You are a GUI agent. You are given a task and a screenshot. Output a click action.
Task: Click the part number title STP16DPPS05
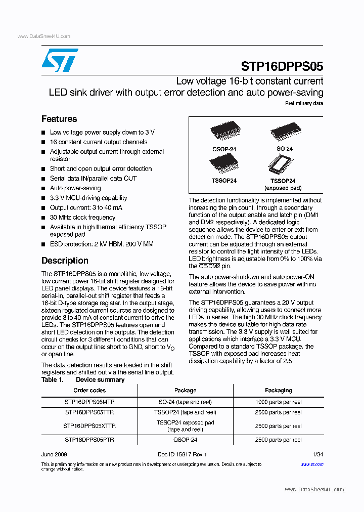[282, 66]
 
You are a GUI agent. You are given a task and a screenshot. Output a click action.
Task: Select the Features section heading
[59, 119]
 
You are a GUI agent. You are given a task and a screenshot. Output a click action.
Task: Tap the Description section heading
[65, 261]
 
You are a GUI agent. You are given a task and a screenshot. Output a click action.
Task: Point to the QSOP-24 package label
[224, 149]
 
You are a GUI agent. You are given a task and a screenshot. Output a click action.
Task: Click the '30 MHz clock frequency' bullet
[82, 218]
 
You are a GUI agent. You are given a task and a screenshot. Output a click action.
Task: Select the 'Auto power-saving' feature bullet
[75, 188]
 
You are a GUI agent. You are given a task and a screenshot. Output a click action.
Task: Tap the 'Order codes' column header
[89, 391]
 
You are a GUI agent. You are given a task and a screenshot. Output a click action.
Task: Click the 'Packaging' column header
[278, 391]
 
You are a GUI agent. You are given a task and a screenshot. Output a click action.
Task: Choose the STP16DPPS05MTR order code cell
[89, 402]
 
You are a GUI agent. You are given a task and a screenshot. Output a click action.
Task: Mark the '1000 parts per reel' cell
[278, 402]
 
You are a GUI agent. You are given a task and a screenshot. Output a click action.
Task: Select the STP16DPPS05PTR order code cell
[89, 440]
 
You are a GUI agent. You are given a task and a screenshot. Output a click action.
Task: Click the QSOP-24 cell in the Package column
[185, 440]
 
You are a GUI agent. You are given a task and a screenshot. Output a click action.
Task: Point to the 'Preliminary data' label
[304, 103]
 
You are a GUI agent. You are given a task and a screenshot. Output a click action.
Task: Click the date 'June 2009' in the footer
[54, 455]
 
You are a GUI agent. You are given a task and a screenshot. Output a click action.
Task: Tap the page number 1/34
[317, 455]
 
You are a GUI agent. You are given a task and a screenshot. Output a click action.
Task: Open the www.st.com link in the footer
[312, 464]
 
